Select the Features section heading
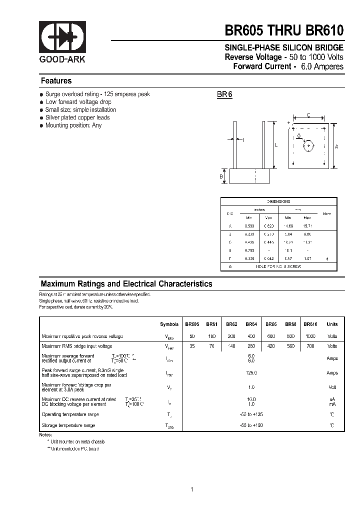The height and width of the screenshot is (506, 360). click(56, 81)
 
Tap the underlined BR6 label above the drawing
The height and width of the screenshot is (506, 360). click(224, 94)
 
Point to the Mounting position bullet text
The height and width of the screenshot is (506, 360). click(73, 125)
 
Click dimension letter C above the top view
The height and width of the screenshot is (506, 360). click(308, 115)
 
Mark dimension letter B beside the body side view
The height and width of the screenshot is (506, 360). click(220, 176)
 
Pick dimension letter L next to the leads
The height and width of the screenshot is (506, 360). click(275, 145)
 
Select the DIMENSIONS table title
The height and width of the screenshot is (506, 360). click(278, 201)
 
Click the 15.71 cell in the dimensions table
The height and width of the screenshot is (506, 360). click(307, 226)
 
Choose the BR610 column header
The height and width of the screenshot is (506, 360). click(310, 324)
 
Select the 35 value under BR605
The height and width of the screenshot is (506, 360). click(191, 346)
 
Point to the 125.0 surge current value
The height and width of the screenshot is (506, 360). click(251, 373)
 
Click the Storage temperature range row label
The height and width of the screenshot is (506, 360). click(68, 425)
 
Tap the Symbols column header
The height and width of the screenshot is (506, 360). click(169, 324)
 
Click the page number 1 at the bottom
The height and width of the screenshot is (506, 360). click(191, 489)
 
